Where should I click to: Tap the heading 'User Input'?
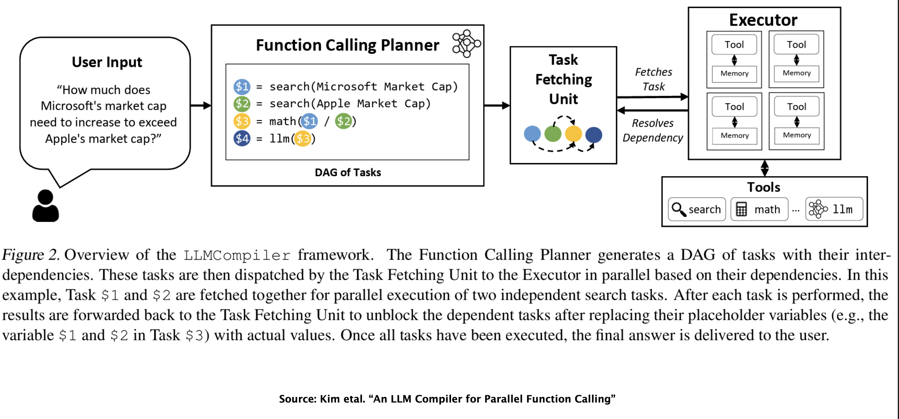(x=107, y=62)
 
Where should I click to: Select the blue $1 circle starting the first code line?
(x=242, y=87)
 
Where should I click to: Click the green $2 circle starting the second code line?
(x=242, y=104)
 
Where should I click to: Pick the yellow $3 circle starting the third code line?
(x=242, y=121)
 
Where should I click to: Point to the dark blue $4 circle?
(x=242, y=138)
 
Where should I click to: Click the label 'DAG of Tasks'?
(x=348, y=172)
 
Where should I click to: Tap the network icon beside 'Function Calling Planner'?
(x=466, y=43)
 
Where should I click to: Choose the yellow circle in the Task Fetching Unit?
(x=573, y=133)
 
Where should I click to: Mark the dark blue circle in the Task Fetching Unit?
(x=594, y=135)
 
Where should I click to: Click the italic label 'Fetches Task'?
(x=653, y=79)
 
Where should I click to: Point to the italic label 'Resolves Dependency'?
(x=653, y=131)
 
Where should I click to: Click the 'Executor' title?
(x=763, y=20)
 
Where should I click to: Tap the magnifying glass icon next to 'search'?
(x=679, y=209)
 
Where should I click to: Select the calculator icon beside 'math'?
(x=741, y=209)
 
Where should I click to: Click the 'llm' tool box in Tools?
(x=834, y=209)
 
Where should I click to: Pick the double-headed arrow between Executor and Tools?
(x=765, y=168)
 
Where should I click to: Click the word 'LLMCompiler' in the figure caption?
(x=237, y=255)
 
